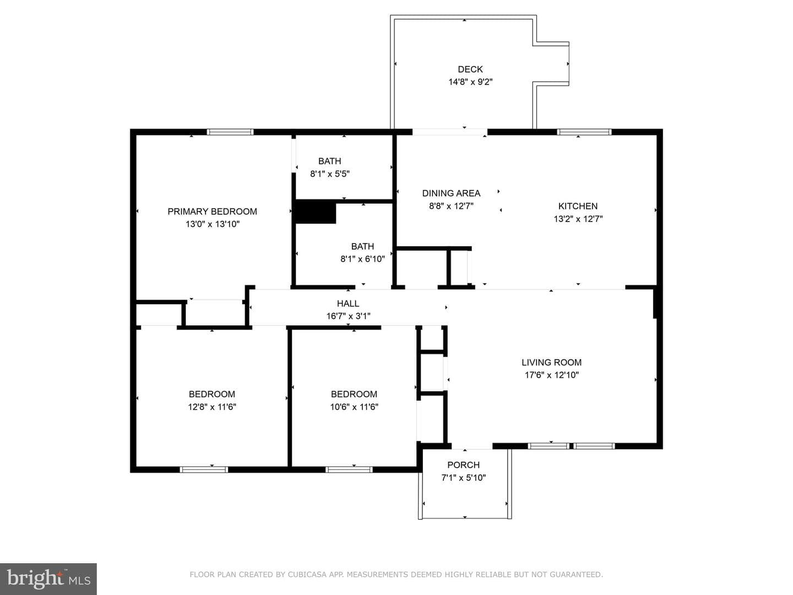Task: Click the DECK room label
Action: click(470, 69)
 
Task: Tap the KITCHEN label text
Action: click(578, 206)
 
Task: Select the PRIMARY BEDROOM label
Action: click(212, 212)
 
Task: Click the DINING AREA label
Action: click(451, 193)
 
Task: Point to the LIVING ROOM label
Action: click(551, 363)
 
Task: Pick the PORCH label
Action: click(464, 465)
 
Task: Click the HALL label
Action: click(348, 304)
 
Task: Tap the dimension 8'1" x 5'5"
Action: click(329, 174)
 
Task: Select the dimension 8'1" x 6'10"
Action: click(362, 259)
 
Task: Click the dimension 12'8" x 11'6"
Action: click(211, 407)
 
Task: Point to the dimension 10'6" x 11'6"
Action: click(354, 407)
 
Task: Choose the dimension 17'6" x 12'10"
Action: click(551, 375)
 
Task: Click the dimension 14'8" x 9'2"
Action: click(470, 82)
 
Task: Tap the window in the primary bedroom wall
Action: click(230, 132)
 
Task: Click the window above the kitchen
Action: click(584, 132)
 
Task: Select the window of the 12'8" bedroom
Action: click(204, 469)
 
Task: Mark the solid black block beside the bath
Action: click(316, 212)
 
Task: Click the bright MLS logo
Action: click(48, 578)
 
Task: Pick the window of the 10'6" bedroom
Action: click(349, 469)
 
